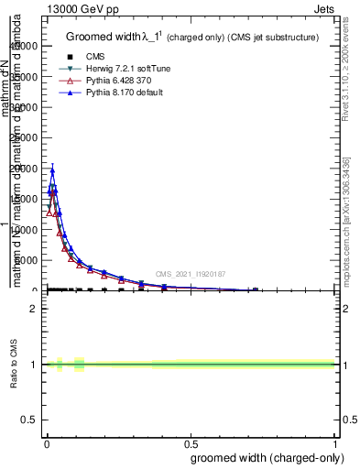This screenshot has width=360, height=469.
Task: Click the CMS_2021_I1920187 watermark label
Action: [190, 273]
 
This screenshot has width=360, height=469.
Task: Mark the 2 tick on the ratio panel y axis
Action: [34, 308]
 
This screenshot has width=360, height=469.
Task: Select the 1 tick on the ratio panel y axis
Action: [34, 365]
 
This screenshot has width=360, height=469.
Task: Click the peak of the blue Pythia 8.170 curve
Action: [52, 170]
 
